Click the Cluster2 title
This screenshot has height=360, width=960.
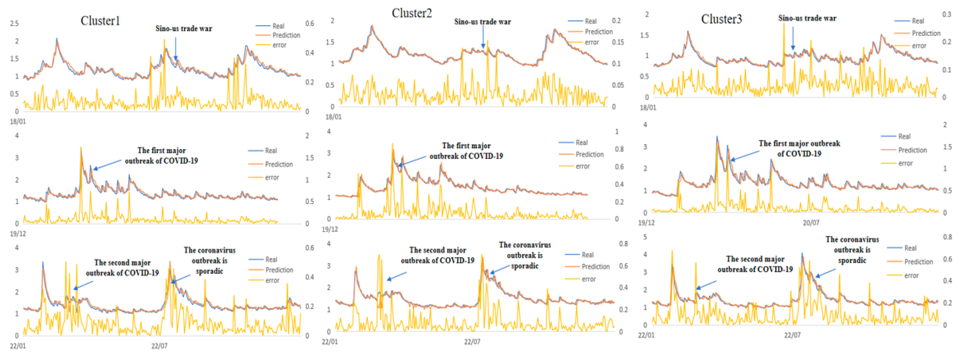point(411,13)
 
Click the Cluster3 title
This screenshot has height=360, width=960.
point(721,19)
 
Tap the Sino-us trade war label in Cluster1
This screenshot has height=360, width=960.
point(184,29)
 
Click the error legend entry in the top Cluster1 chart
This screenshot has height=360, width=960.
point(279,45)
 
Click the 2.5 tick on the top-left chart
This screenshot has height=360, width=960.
point(14,23)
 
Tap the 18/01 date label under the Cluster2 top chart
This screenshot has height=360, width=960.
point(333,117)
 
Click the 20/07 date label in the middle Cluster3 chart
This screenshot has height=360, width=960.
point(811,223)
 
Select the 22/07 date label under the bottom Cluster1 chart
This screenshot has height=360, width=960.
point(159,346)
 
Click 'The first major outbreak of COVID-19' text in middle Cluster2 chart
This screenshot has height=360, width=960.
point(466,151)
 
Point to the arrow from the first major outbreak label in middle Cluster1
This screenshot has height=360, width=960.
point(107,165)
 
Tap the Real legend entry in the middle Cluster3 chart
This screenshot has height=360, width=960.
point(904,136)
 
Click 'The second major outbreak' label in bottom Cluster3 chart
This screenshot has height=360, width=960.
point(755,264)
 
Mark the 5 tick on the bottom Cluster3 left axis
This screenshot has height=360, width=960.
point(645,237)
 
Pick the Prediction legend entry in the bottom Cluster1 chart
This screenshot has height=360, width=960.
point(279,270)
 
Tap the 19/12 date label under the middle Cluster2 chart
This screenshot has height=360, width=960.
point(330,229)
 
